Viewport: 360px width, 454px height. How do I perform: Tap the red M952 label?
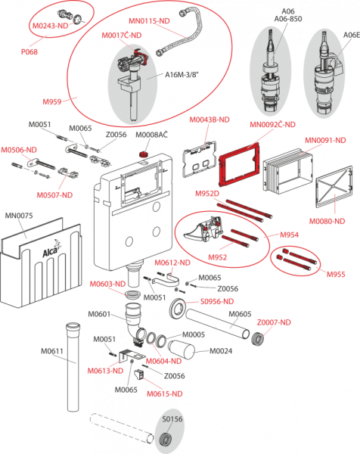(x=218, y=257)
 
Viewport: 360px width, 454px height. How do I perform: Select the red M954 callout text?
(x=290, y=235)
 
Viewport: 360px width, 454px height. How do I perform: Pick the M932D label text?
(x=208, y=194)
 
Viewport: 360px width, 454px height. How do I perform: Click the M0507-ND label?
(x=55, y=194)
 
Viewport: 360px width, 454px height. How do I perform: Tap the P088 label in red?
(x=29, y=52)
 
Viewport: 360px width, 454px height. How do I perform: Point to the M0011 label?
(x=51, y=350)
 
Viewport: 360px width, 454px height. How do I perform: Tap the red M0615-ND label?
(x=164, y=393)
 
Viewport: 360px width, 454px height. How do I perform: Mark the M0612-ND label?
(x=172, y=263)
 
